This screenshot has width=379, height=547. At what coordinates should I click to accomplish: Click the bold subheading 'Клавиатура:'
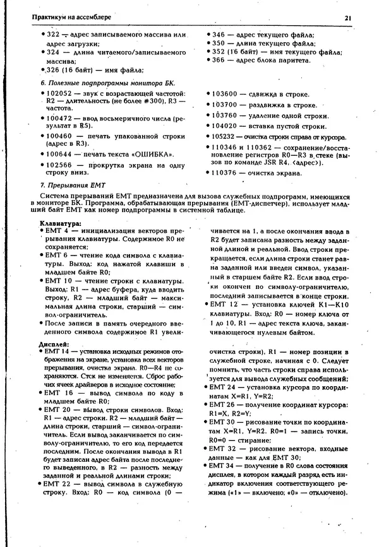(60, 223)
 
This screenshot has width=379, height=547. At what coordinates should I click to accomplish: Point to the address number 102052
(61, 93)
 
